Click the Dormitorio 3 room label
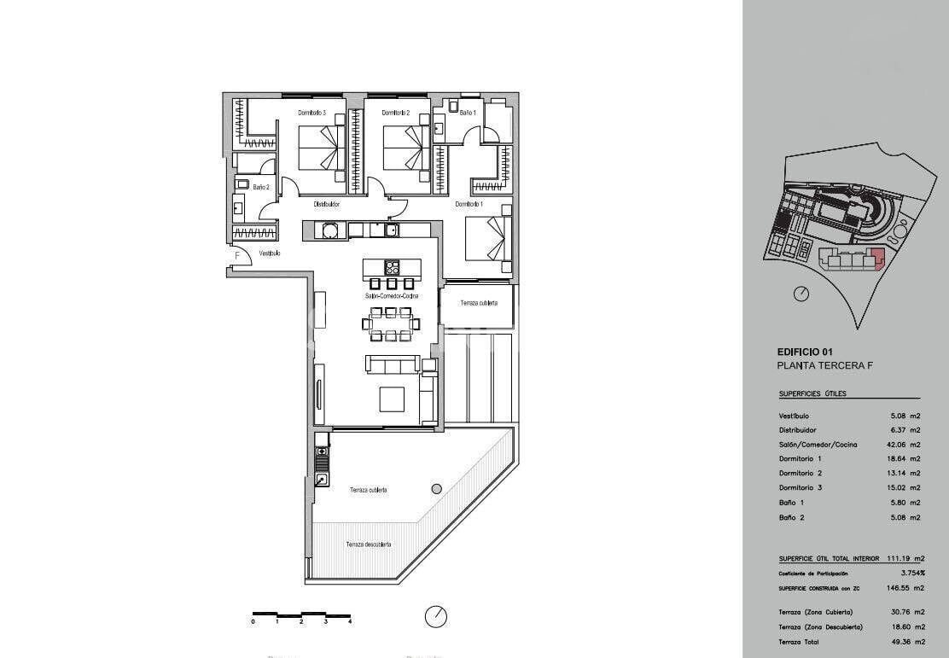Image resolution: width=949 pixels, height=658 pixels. [312, 113]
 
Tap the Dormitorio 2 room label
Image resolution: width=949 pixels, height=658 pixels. [396, 113]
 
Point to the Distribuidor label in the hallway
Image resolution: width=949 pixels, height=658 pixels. [327, 205]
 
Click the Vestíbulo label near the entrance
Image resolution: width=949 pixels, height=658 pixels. [270, 253]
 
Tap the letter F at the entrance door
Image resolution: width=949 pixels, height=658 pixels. [237, 254]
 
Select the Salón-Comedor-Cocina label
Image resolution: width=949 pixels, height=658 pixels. [392, 296]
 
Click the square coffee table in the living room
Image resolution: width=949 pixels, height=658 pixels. [393, 399]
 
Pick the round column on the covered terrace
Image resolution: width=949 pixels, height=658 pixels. [437, 489]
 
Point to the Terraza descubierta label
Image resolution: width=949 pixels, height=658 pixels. [369, 544]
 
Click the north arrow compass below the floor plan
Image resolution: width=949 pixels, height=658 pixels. [435, 616]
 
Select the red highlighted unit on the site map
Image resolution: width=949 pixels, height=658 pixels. [879, 257]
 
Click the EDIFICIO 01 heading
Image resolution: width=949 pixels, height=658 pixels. [804, 352]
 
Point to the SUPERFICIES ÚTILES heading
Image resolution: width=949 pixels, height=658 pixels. [812, 394]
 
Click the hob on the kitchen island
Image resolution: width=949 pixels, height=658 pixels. [393, 266]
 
